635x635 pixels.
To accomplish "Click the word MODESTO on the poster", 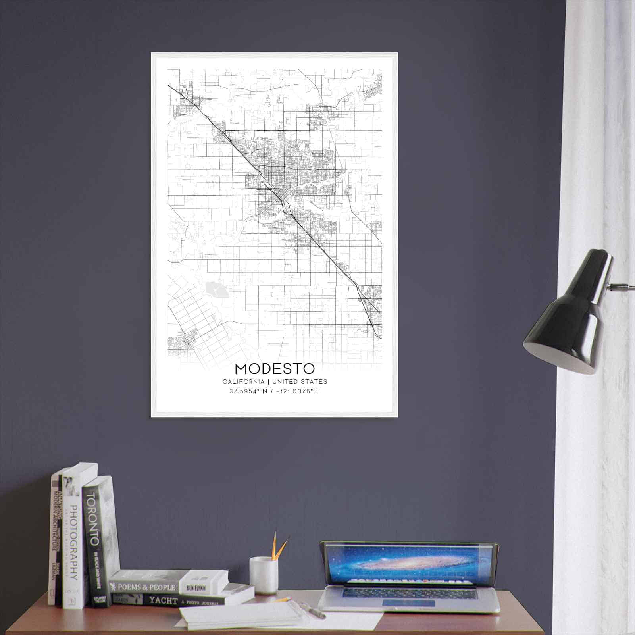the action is click(x=275, y=369).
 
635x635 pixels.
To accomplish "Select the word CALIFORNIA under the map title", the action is click(x=243, y=382).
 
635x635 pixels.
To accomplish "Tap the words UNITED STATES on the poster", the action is click(x=300, y=382).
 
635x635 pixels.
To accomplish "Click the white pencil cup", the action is click(x=263, y=575).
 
